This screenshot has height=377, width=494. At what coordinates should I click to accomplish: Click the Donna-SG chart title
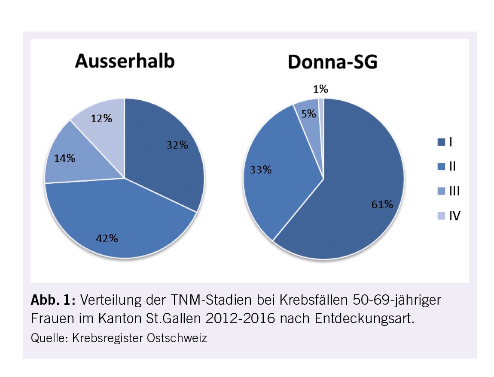(x=332, y=62)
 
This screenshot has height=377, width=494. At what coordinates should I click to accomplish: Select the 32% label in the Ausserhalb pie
(x=177, y=145)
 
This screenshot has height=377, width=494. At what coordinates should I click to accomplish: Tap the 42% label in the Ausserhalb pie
(x=107, y=238)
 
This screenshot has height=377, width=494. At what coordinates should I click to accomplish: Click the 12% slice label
(x=101, y=118)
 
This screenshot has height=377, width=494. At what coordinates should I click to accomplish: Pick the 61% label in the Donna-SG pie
(x=382, y=204)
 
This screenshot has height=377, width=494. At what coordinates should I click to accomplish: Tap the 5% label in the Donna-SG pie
(x=308, y=114)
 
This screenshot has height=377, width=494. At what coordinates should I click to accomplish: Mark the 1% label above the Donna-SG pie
(x=320, y=89)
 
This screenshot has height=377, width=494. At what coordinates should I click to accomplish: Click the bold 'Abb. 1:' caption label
(x=52, y=300)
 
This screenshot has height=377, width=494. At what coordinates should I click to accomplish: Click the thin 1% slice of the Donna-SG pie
(x=321, y=108)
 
